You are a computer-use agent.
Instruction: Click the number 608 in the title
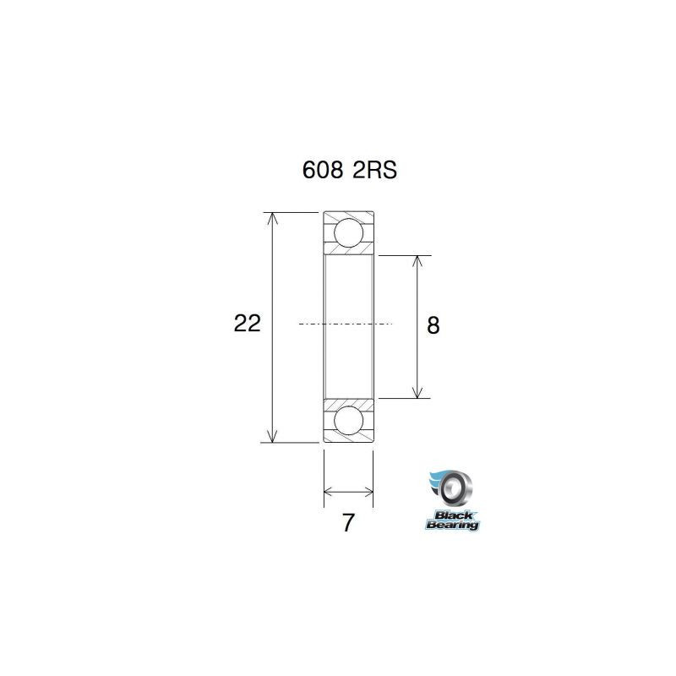click(x=323, y=170)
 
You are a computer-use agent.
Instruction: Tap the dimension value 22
click(x=247, y=323)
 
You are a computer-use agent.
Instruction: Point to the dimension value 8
click(x=433, y=325)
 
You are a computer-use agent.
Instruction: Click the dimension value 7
click(x=348, y=523)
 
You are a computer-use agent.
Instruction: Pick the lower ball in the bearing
click(x=348, y=420)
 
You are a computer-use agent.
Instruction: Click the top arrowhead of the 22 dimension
click(x=271, y=218)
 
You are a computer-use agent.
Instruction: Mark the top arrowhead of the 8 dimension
click(x=417, y=261)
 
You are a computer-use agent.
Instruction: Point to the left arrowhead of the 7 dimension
click(x=329, y=491)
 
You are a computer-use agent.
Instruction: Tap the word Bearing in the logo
click(x=452, y=525)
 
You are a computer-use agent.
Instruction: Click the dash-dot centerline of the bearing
click(x=346, y=324)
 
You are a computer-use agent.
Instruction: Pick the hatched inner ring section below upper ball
click(x=348, y=251)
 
